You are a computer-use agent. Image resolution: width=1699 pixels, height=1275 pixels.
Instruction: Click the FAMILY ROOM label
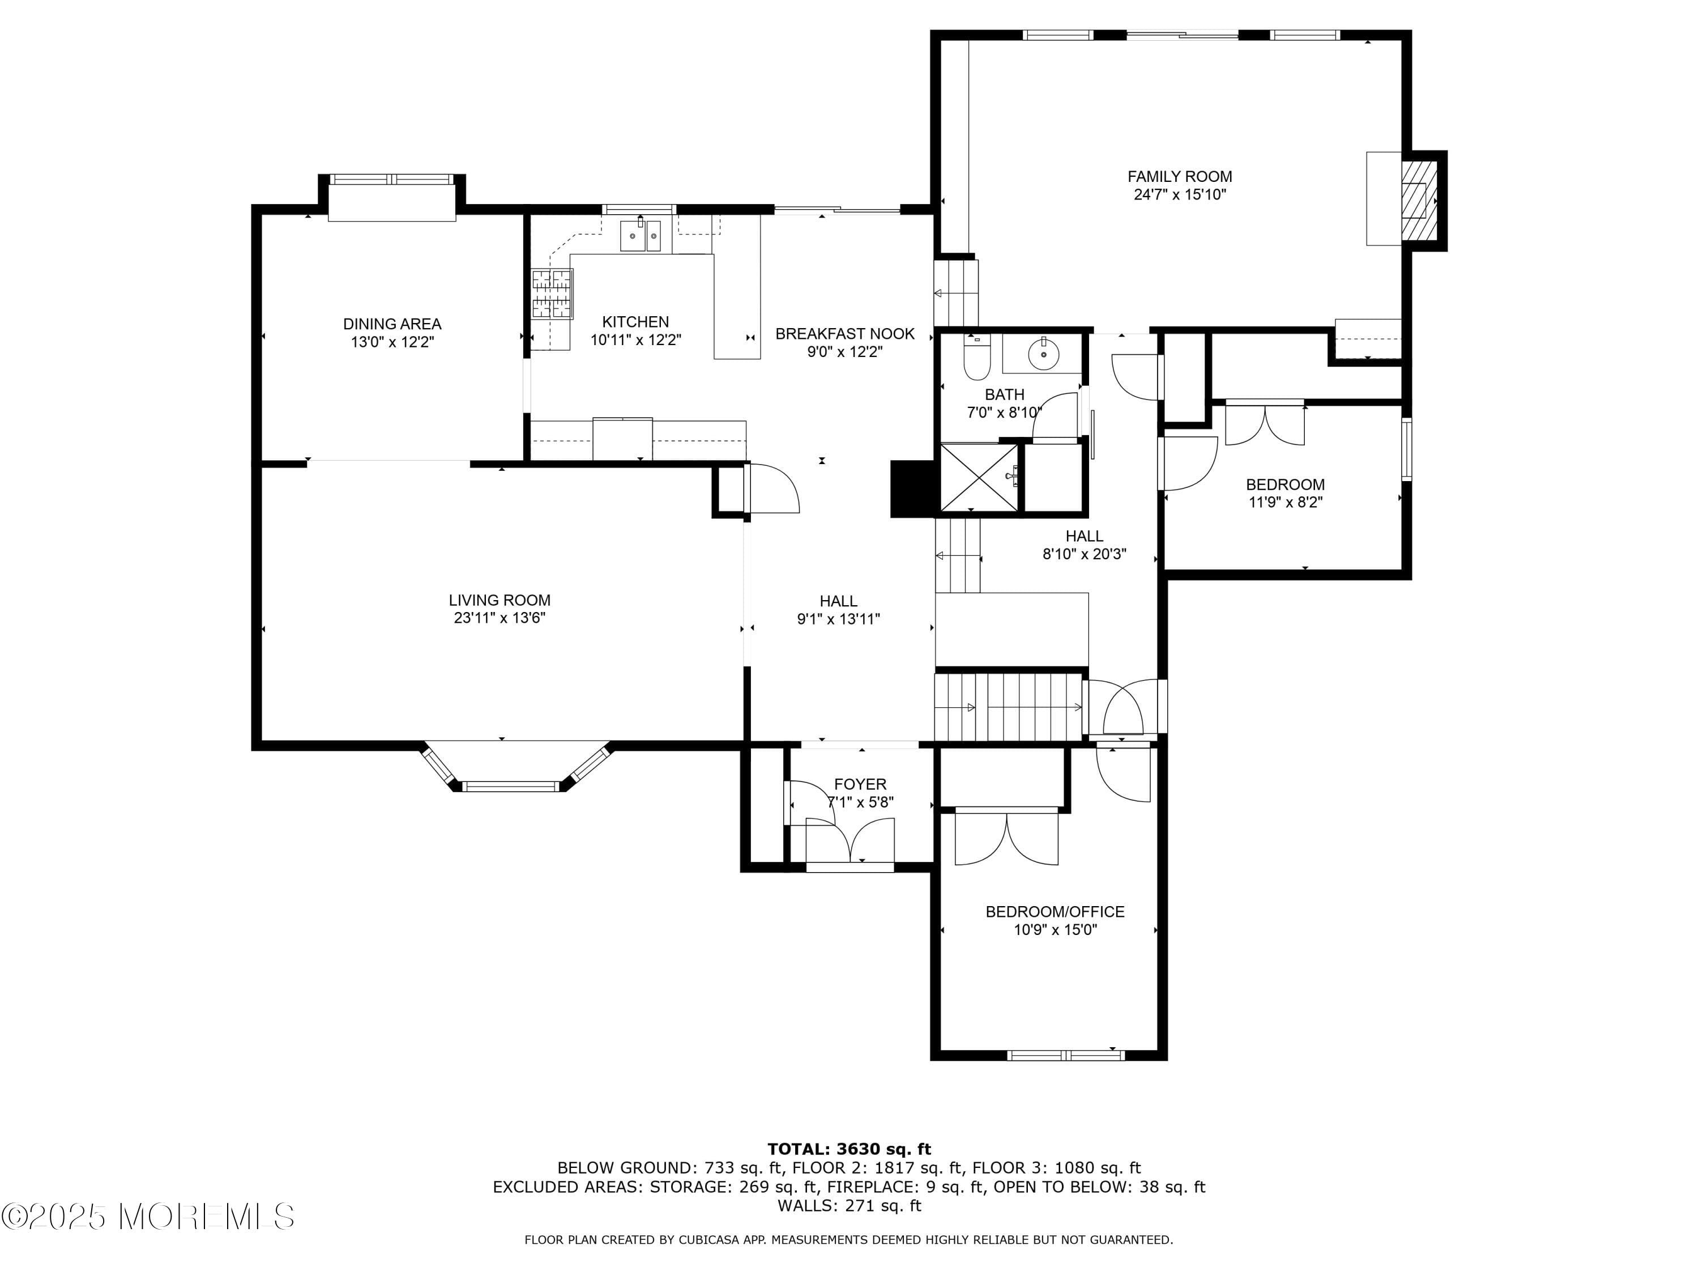(1179, 177)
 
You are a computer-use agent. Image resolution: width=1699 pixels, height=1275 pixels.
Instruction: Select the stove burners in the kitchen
(552, 294)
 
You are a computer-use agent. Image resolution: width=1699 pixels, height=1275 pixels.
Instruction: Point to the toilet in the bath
(977, 360)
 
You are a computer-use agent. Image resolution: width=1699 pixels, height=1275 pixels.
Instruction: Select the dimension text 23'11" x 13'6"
(500, 618)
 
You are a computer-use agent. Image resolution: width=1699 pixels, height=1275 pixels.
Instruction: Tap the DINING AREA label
(392, 324)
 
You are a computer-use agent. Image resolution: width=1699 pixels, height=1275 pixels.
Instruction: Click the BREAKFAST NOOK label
(844, 334)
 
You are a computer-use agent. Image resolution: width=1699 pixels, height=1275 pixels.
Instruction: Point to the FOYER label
(860, 784)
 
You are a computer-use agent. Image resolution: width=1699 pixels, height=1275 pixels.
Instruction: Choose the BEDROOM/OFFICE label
(1055, 911)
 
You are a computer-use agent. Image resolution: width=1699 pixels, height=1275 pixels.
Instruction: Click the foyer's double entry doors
(849, 841)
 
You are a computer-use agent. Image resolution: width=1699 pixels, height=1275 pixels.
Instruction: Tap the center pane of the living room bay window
(511, 786)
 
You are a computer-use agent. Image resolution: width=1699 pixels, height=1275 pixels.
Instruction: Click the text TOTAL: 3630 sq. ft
(849, 1149)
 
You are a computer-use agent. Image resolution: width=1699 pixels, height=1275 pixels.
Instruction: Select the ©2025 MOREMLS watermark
(147, 1217)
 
